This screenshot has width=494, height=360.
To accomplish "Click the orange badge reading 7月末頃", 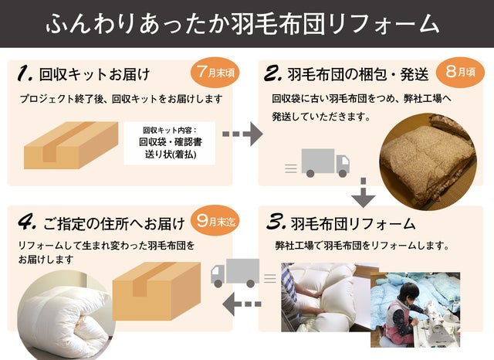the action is click(215, 73).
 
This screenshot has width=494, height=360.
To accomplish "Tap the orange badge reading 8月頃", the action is click(460, 72).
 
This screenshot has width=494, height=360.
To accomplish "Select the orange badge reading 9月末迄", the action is click(215, 221).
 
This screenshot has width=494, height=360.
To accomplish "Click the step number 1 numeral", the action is click(25, 73).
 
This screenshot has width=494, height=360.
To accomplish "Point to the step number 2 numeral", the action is click(272, 73).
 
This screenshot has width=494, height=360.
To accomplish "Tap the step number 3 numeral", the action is click(276, 222).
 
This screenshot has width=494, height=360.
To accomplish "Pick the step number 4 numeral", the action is click(27, 222).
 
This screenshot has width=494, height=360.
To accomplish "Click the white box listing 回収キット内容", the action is click(170, 143).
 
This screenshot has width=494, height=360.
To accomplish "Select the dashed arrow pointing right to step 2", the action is click(242, 134).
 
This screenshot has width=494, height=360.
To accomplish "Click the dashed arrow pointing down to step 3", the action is click(364, 193).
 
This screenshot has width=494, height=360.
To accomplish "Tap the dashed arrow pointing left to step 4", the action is click(242, 304).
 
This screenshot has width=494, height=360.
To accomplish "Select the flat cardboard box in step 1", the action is click(71, 145).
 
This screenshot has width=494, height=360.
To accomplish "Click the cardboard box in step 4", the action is click(157, 291).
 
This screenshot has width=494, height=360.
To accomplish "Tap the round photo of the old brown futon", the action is click(428, 161).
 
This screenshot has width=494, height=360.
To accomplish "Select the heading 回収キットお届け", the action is click(94, 75).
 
